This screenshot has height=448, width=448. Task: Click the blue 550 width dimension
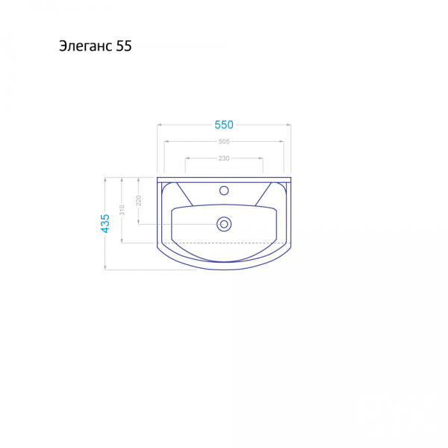[224, 125]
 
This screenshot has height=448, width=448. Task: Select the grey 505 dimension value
[224, 141]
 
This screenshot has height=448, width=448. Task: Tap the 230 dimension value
[224, 158]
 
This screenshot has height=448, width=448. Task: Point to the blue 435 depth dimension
[105, 223]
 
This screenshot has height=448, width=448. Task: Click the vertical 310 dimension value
[122, 210]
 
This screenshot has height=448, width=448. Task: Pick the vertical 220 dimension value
[139, 201]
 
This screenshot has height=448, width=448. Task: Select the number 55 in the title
[124, 46]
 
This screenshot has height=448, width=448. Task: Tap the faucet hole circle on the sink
[224, 190]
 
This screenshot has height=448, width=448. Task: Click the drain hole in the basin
[224, 224]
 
